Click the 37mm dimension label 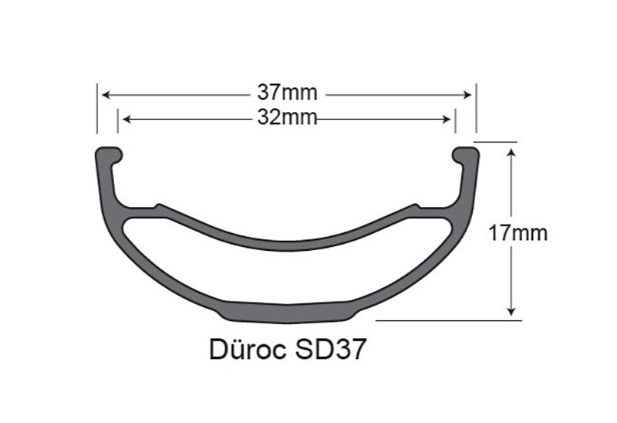pos(287,93)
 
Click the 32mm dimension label pos(287,118)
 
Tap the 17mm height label pos(518,233)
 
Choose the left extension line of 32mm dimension pos(117,124)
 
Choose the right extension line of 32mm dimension pos(455,124)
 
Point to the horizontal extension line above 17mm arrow pos(498,142)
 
